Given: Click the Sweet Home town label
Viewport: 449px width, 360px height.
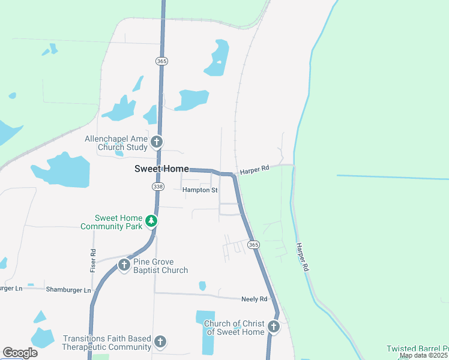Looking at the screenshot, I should pos(161,169).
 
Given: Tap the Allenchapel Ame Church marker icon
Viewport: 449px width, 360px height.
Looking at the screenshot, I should pos(157,142).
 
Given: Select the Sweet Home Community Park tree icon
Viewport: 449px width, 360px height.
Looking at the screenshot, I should pos(152,221).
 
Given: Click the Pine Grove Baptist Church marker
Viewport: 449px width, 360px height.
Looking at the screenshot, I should pos(124,265).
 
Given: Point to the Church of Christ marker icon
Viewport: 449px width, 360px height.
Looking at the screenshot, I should pos(274,327).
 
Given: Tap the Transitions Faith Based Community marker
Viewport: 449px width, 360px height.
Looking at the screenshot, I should pos(160,342).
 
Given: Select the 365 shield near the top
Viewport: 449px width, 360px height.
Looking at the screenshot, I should pos(161,61).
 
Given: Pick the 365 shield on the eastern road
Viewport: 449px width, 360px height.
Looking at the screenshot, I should pos(253,245).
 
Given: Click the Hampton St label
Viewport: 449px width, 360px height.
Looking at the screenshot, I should pos(200,190).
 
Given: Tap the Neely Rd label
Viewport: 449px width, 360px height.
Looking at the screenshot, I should pos(254,298).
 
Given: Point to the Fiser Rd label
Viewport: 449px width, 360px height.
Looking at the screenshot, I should pos(93,258).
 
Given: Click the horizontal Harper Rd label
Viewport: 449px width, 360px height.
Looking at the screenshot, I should pos(255,171).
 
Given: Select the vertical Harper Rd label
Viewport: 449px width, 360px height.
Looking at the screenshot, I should pos(302,256).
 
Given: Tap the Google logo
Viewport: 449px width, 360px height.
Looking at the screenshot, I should pos(20,353).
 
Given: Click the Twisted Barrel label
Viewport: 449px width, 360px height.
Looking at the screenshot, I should pos(417,349).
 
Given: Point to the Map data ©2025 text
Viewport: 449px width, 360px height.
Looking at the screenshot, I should pos(424,356).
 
